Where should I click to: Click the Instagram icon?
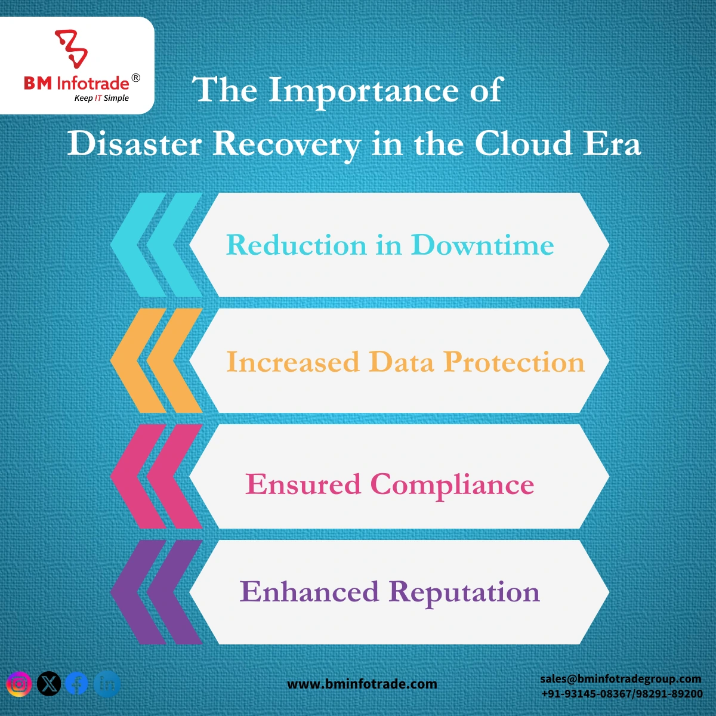(19, 684)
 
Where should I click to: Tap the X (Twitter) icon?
(49, 684)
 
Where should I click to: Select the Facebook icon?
(77, 684)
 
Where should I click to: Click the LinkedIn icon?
(107, 684)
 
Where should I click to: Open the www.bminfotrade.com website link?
(362, 684)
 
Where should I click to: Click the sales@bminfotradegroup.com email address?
(621, 679)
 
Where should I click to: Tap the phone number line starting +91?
(622, 694)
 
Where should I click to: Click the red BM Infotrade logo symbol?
(72, 49)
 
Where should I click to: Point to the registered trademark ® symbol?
(136, 78)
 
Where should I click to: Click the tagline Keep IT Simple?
(101, 98)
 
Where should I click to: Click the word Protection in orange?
(514, 362)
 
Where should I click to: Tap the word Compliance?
(452, 485)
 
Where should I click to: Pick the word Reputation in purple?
(464, 592)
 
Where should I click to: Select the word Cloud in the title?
(523, 143)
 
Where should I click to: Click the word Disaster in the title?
(134, 144)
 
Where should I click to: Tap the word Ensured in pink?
(303, 484)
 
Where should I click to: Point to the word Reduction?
(297, 245)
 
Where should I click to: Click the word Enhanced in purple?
(309, 591)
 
